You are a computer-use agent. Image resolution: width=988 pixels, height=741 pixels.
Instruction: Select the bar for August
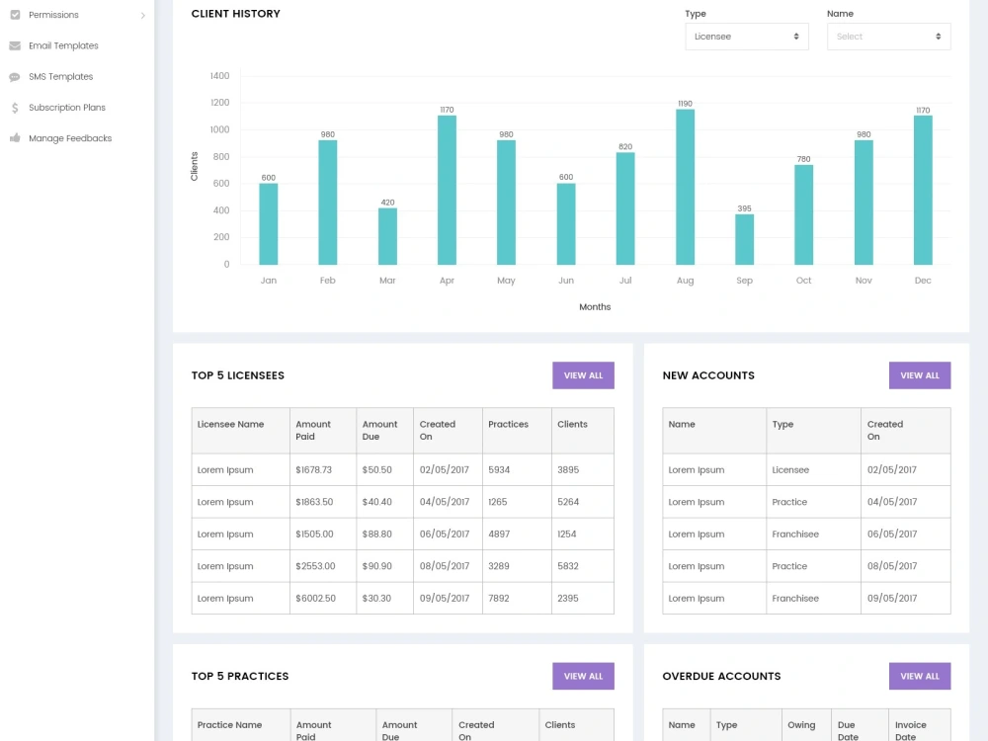[685, 187]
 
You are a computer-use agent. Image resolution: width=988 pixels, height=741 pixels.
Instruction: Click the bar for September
[744, 239]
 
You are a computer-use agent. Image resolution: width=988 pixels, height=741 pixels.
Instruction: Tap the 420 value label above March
[387, 203]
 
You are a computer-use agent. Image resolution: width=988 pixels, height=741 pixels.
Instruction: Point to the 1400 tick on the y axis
[220, 76]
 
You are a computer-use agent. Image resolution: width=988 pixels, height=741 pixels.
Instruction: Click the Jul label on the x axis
[625, 281]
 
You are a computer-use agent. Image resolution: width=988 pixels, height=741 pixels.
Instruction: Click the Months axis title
[595, 307]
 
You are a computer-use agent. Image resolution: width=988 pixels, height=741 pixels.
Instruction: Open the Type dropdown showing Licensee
[747, 37]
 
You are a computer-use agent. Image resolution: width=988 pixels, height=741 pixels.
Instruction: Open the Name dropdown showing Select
[888, 37]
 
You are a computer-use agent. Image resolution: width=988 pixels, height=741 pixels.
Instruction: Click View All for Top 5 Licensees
[583, 375]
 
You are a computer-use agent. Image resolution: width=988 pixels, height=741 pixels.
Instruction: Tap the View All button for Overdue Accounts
[919, 676]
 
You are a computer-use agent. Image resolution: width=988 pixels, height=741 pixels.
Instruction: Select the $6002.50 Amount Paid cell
[316, 598]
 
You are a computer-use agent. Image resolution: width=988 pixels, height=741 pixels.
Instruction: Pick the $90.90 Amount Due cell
[376, 566]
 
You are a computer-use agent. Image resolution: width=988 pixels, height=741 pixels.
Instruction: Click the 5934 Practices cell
[499, 469]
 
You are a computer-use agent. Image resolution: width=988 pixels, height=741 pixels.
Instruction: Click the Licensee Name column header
[230, 424]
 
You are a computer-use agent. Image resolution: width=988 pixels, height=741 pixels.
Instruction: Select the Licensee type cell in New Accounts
[790, 469]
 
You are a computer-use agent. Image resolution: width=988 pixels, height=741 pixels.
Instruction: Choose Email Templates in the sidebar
[63, 45]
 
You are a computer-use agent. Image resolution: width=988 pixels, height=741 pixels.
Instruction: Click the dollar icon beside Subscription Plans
[15, 108]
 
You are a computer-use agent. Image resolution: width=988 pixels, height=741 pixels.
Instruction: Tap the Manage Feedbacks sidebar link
[70, 138]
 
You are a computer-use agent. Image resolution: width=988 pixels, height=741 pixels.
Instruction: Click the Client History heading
[236, 13]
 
